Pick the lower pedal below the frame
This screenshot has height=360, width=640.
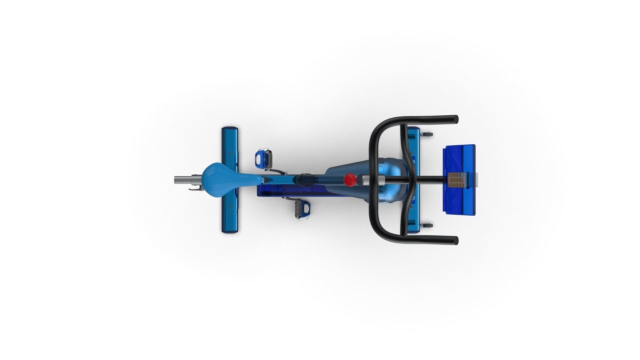point(302,209)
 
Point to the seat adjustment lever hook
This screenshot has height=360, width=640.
point(196,189)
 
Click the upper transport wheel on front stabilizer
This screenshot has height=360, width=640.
point(427,134)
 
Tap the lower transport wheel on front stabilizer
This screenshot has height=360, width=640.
point(427,226)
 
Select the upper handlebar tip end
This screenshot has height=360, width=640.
point(455,119)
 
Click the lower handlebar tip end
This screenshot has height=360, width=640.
point(455,240)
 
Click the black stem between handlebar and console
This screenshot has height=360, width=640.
point(430,180)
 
